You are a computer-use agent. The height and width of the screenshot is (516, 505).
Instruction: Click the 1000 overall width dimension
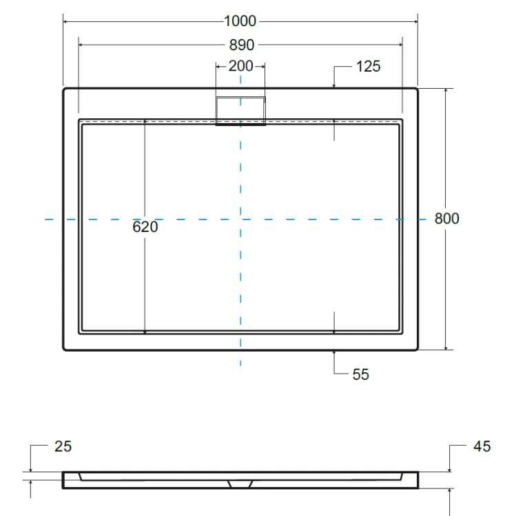tap(240, 21)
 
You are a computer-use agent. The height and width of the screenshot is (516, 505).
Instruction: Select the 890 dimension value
tap(242, 45)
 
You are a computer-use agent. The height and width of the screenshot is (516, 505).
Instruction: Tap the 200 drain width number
tap(240, 66)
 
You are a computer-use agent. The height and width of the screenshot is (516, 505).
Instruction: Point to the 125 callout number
tap(368, 67)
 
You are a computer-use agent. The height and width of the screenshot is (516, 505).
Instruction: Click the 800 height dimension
tap(446, 219)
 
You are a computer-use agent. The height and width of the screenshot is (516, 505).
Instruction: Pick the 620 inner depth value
tap(145, 227)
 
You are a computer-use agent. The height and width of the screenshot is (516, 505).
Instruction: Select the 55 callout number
tap(360, 374)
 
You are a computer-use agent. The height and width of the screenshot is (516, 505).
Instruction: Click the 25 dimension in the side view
tap(63, 447)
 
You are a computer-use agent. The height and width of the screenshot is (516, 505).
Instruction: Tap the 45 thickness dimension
tap(482, 447)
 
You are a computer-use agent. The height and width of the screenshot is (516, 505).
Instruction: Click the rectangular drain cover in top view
tap(240, 111)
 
